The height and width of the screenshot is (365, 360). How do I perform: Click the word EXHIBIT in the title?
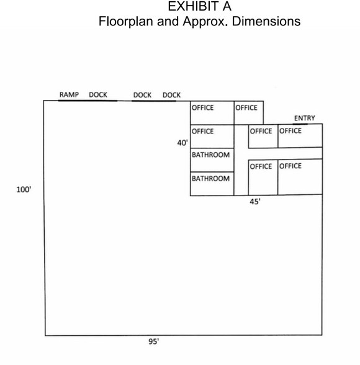(x=194, y=6)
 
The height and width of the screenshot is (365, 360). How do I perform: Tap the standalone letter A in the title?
(x=227, y=6)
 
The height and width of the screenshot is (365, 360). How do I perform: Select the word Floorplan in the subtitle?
(x=127, y=21)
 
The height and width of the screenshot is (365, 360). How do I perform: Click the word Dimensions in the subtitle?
(x=266, y=21)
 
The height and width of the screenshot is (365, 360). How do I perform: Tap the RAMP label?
(x=69, y=95)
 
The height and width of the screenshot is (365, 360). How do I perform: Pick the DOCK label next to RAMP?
(x=98, y=95)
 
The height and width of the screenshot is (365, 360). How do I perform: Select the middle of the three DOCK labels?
(x=142, y=95)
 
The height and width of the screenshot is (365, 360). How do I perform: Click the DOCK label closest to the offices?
(x=171, y=95)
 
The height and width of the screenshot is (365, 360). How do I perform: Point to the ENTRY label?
(x=304, y=118)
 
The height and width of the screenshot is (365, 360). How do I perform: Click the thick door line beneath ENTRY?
(x=300, y=124)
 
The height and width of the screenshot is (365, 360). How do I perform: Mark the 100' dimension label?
(x=24, y=189)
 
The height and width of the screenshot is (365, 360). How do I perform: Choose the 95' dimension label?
(x=153, y=341)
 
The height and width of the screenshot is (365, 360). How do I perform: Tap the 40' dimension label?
(x=182, y=143)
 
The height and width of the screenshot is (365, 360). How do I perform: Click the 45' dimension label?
(x=255, y=202)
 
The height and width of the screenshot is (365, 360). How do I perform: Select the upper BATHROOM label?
(x=210, y=155)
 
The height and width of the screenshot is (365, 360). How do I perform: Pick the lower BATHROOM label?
(x=210, y=179)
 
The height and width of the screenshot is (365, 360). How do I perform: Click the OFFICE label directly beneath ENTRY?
(x=290, y=131)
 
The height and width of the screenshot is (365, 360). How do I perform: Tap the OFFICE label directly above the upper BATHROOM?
(x=202, y=132)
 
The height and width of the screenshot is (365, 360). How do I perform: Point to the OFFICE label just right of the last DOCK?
(x=202, y=107)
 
